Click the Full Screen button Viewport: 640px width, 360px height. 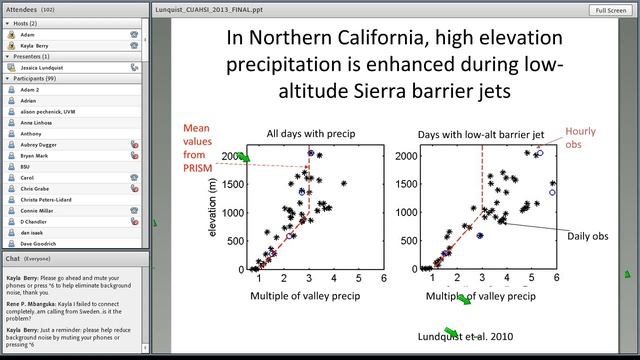[x=609, y=10]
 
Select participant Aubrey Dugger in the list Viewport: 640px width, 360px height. [x=41, y=144]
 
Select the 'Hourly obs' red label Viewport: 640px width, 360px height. [x=582, y=138]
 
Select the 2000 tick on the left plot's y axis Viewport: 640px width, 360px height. [x=232, y=156]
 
